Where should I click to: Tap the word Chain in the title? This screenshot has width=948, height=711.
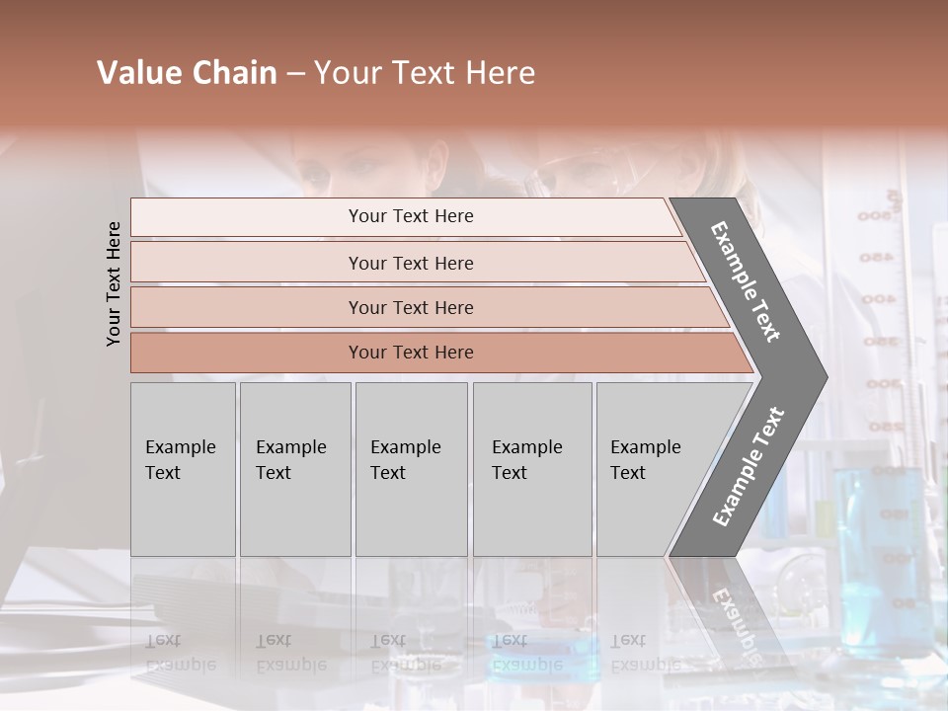[234, 73]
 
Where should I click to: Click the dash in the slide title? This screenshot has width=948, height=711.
[295, 74]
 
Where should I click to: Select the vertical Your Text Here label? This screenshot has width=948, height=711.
[114, 283]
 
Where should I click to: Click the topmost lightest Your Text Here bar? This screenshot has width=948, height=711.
[410, 216]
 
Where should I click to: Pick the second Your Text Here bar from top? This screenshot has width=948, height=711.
[410, 263]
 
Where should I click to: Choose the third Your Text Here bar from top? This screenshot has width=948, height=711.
[410, 307]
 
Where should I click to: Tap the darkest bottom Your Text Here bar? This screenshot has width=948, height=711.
[410, 353]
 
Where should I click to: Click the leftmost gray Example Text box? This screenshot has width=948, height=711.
[183, 469]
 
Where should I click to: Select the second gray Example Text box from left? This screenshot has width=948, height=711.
[294, 469]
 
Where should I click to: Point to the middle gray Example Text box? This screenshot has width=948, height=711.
[411, 469]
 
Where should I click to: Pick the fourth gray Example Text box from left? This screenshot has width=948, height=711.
[531, 469]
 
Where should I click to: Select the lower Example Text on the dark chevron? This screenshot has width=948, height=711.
[749, 466]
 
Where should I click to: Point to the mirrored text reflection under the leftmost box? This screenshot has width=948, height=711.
[180, 652]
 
